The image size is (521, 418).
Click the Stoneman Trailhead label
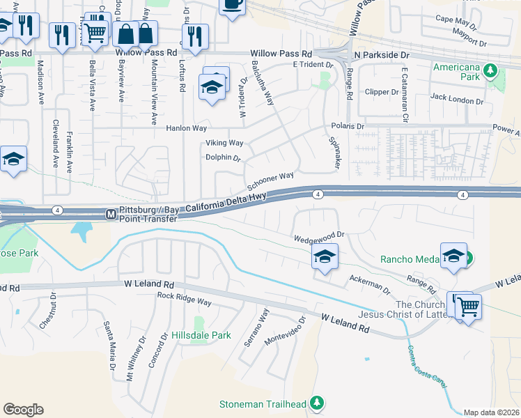263,404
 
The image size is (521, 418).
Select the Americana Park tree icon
490,70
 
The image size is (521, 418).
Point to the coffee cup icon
232,5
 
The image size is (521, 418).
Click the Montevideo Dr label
284,333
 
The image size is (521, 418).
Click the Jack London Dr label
457,100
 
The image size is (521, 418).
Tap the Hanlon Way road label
186,129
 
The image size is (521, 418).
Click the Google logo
23,410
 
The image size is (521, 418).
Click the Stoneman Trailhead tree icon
317,403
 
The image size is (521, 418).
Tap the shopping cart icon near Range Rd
469,305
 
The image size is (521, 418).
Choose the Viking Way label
224,143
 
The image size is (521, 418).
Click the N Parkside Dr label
383,54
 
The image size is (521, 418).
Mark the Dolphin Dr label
223,157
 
